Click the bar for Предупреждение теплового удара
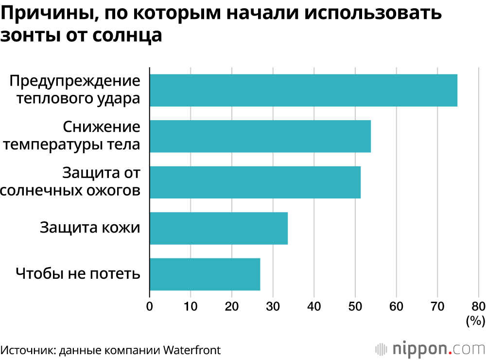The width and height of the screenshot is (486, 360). (x=303, y=90)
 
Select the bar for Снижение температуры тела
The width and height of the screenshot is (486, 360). (x=260, y=136)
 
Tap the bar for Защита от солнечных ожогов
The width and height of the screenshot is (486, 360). (x=255, y=182)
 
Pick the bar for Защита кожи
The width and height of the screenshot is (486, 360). (x=219, y=228)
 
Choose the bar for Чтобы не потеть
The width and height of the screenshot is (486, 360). (x=205, y=274)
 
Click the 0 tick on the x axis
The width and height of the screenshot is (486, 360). (x=150, y=306)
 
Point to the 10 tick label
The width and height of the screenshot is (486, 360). (x=191, y=306)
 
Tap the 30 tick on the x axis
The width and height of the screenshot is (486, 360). (x=273, y=306)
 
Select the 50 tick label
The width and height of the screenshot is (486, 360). (x=355, y=306)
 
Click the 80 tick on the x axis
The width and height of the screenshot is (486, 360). (x=478, y=306)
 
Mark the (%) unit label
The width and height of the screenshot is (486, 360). (x=476, y=321)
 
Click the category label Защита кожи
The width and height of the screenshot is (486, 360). (x=90, y=228)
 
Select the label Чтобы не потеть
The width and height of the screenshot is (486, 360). (x=78, y=273)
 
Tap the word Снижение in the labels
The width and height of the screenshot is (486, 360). (x=102, y=127)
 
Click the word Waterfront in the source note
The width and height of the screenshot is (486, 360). (x=191, y=349)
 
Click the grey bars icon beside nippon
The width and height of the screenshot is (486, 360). (x=382, y=349)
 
